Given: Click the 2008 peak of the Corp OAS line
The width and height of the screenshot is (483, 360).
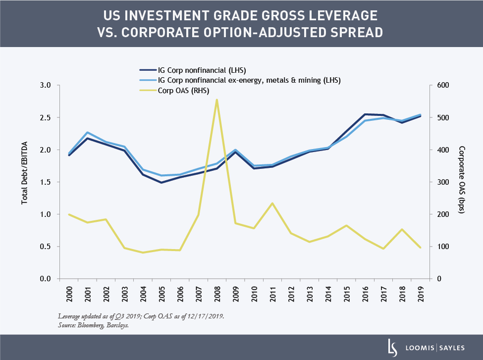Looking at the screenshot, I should coord(217,100).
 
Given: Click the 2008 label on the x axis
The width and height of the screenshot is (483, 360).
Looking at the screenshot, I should coord(217,295).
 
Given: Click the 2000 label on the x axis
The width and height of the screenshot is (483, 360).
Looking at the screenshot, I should coord(69,295).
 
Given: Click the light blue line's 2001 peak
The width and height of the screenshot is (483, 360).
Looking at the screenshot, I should coord(88,133).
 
